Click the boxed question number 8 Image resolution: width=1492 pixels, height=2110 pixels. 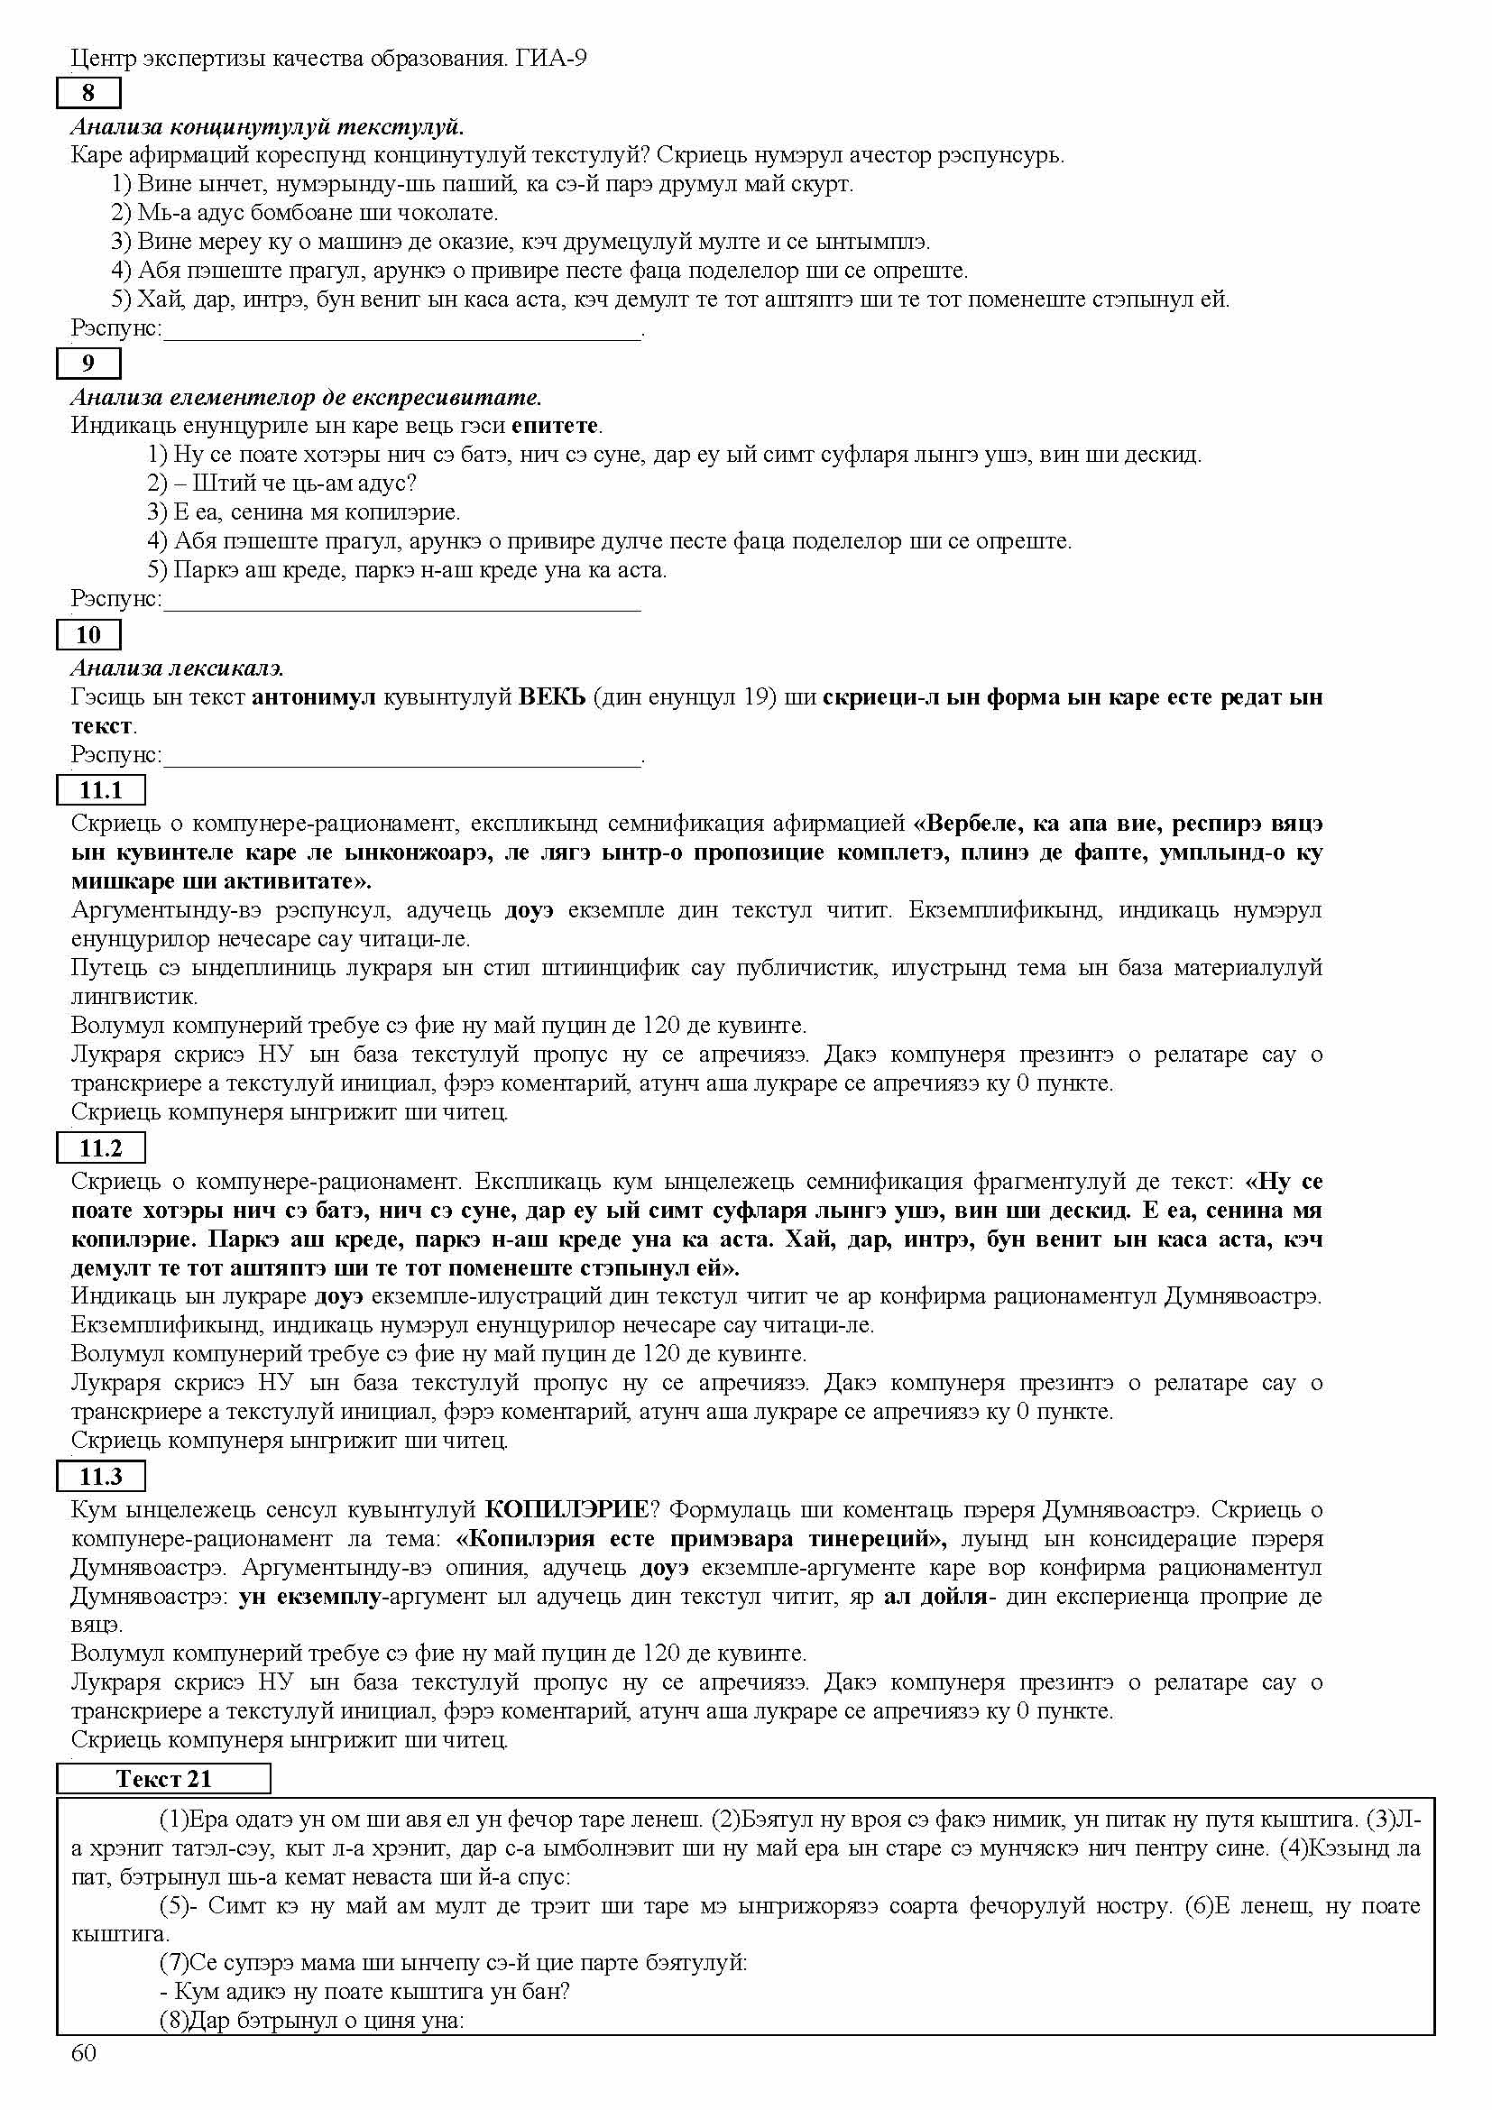click(x=88, y=93)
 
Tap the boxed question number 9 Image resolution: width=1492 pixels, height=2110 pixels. click(x=88, y=363)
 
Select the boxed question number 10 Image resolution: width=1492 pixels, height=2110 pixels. click(x=88, y=634)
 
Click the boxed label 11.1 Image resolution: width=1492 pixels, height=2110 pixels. click(x=100, y=789)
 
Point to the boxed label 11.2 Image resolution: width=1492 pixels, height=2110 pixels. click(x=100, y=1147)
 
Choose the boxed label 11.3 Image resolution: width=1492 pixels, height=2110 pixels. click(x=100, y=1477)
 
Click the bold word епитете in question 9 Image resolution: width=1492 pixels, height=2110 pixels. click(x=555, y=426)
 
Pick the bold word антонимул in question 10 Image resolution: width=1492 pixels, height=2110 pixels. click(x=313, y=696)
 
